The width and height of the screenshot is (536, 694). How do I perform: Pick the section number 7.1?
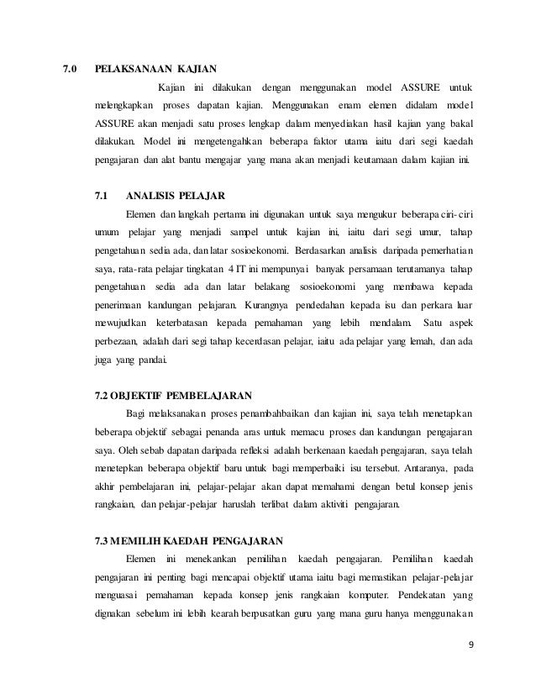tap(102, 196)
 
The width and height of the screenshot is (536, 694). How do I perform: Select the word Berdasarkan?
tap(324, 250)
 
